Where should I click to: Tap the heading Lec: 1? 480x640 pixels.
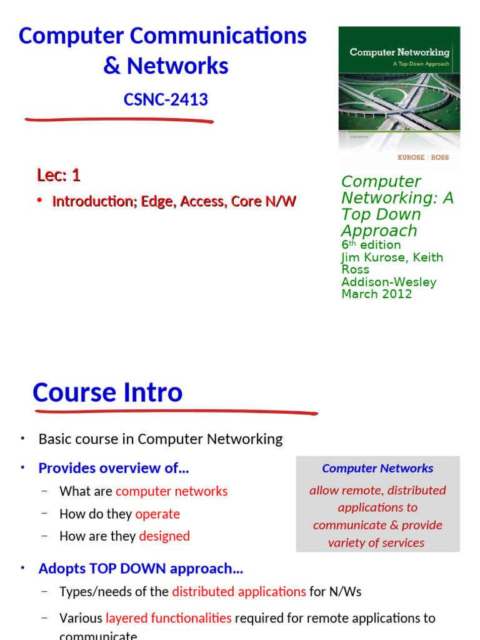coord(59,176)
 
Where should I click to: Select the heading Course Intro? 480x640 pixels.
coord(107,392)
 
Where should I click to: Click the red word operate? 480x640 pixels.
coord(157,514)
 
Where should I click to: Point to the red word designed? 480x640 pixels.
coord(164,536)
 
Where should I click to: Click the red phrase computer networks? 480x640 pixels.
coord(172,491)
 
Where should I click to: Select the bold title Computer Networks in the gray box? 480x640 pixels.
coord(377,468)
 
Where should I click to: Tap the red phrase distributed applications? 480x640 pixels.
coord(239,591)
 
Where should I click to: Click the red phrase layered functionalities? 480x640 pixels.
coord(169,618)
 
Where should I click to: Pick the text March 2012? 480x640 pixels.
coord(376,294)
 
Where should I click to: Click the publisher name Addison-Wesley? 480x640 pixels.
coord(389,282)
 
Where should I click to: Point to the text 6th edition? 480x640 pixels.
coord(371,245)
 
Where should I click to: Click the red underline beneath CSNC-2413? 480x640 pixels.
coord(119,121)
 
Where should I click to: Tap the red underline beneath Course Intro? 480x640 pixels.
coord(175,412)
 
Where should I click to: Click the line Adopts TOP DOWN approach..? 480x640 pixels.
coord(141,569)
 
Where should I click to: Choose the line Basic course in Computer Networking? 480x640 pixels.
coord(161,439)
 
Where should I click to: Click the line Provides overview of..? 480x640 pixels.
coord(114,468)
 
